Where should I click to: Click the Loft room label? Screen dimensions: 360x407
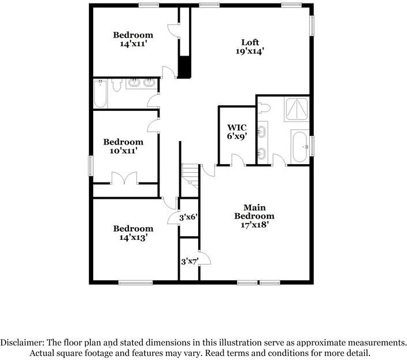(x=250, y=42)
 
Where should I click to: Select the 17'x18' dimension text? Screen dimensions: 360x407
(x=254, y=225)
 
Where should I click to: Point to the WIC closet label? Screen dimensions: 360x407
(x=236, y=127)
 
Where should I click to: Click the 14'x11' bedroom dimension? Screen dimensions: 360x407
(x=133, y=44)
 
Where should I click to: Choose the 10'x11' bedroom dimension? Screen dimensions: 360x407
(x=123, y=151)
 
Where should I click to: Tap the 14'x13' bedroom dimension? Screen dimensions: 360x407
(x=133, y=237)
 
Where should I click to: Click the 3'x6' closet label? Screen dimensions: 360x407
(x=189, y=217)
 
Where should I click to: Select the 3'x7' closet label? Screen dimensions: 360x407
(x=189, y=261)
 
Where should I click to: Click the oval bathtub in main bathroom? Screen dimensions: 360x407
(x=299, y=147)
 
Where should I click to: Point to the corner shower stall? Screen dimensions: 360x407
(x=297, y=109)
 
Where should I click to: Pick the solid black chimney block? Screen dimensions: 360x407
(x=184, y=67)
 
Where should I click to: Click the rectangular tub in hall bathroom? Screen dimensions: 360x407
(x=100, y=94)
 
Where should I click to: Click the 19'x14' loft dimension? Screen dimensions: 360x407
(x=250, y=51)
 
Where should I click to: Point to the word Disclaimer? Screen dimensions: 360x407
(x=21, y=342)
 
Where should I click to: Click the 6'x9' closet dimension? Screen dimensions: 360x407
(x=236, y=137)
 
